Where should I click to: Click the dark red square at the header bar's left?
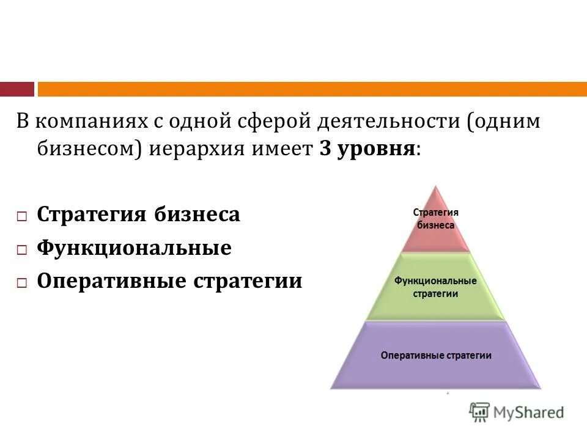pos(17,89)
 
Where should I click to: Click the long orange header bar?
pos(312,89)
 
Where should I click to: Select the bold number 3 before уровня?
pos(325,149)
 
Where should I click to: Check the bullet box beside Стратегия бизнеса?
pos(22,216)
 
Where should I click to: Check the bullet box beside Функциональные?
pos(22,249)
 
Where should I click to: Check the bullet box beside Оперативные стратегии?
pos(22,283)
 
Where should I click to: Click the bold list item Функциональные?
pos(134,248)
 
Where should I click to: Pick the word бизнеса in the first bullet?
pos(197,215)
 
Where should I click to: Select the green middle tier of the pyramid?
pos(435,287)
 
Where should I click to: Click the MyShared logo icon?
pos(479,413)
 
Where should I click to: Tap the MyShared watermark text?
pos(530,413)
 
